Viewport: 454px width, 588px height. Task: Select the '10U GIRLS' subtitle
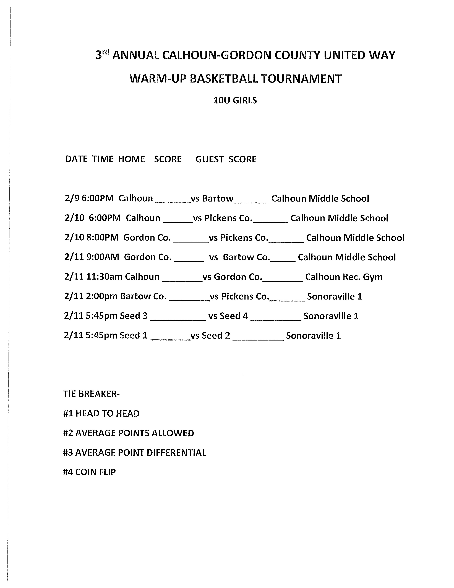pyautogui.click(x=235, y=100)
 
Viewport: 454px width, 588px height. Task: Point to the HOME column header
pyautogui.click(x=132, y=159)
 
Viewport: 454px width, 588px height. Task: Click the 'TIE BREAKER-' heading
pyautogui.click(x=92, y=394)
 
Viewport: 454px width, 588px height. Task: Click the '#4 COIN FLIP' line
pyautogui.click(x=89, y=472)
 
